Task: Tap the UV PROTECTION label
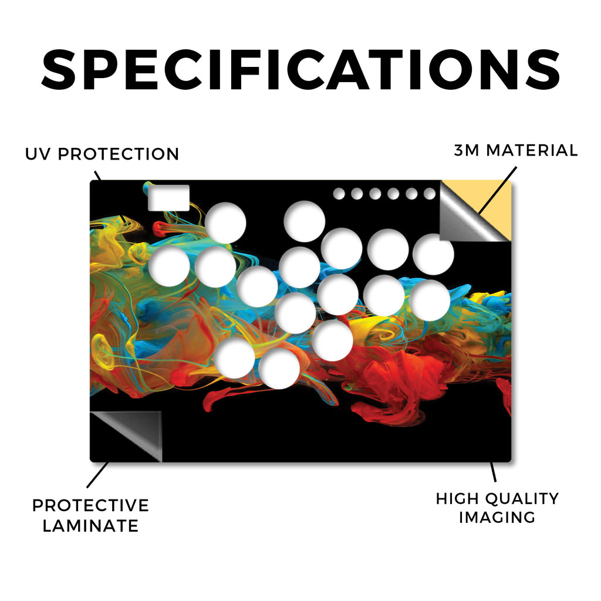(102, 154)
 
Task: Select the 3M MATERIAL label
(516, 150)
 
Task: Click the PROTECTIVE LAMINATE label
(90, 515)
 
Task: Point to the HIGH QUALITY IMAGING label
(498, 508)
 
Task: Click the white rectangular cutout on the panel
(168, 198)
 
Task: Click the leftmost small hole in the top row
(339, 194)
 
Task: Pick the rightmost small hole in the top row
(430, 194)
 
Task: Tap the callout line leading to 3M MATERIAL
(497, 190)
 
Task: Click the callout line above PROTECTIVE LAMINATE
(98, 474)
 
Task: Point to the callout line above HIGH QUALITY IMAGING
(493, 472)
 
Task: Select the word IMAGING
(498, 518)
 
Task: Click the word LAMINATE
(90, 525)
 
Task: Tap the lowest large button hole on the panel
(279, 369)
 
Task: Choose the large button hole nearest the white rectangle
(225, 222)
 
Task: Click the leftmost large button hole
(169, 266)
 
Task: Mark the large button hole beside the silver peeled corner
(434, 255)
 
